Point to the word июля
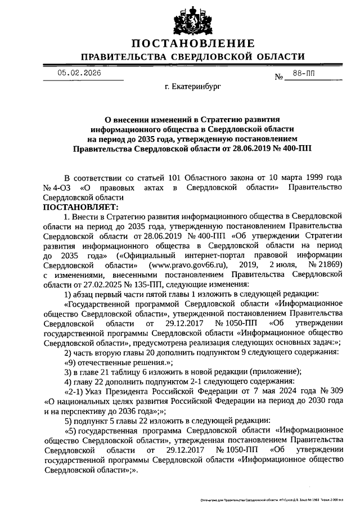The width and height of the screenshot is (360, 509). (x=289, y=264)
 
